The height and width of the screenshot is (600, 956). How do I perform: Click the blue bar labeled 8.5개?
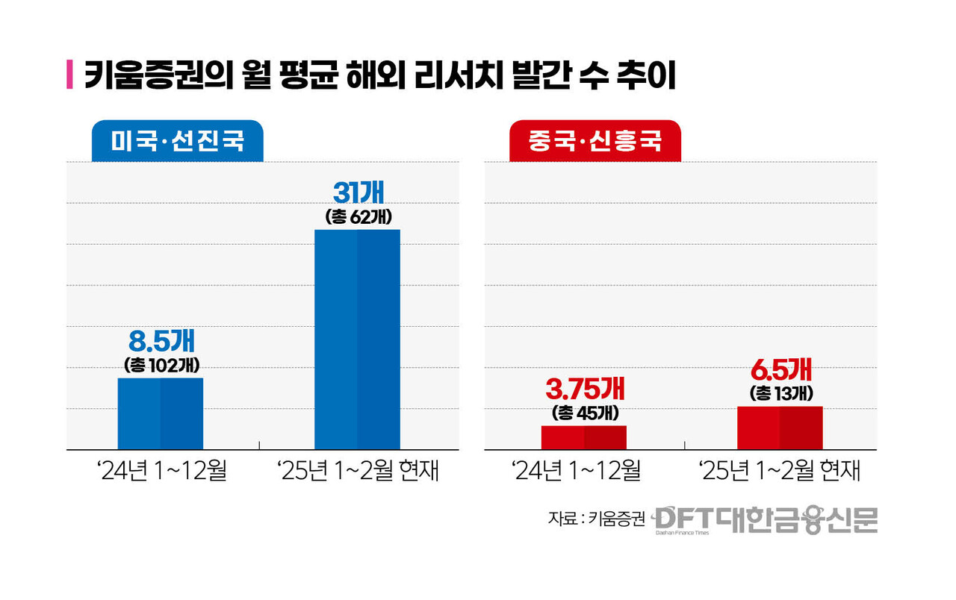[x=161, y=413]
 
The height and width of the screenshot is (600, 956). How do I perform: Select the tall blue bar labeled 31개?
[x=357, y=339]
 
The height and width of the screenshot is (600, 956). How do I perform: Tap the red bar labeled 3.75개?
[x=584, y=437]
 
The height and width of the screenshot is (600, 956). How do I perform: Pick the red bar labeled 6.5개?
[x=780, y=428]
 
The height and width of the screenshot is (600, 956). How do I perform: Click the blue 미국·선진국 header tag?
[x=178, y=141]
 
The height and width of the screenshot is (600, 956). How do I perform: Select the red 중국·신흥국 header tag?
[x=595, y=141]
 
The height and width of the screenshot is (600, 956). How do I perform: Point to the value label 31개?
[x=358, y=194]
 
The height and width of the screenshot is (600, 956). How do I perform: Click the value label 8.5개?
[x=161, y=342]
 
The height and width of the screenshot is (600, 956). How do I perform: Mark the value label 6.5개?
[x=780, y=371]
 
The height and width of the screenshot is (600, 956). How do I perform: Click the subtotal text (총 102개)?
[x=161, y=366]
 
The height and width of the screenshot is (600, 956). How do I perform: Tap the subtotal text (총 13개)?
[x=780, y=393]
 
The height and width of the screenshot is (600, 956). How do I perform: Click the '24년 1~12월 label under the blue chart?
[x=161, y=472]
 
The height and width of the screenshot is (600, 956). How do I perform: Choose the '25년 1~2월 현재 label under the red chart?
[x=779, y=472]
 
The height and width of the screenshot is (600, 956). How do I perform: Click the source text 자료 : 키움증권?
[x=596, y=519]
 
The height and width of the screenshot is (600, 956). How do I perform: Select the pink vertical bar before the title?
[x=70, y=76]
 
